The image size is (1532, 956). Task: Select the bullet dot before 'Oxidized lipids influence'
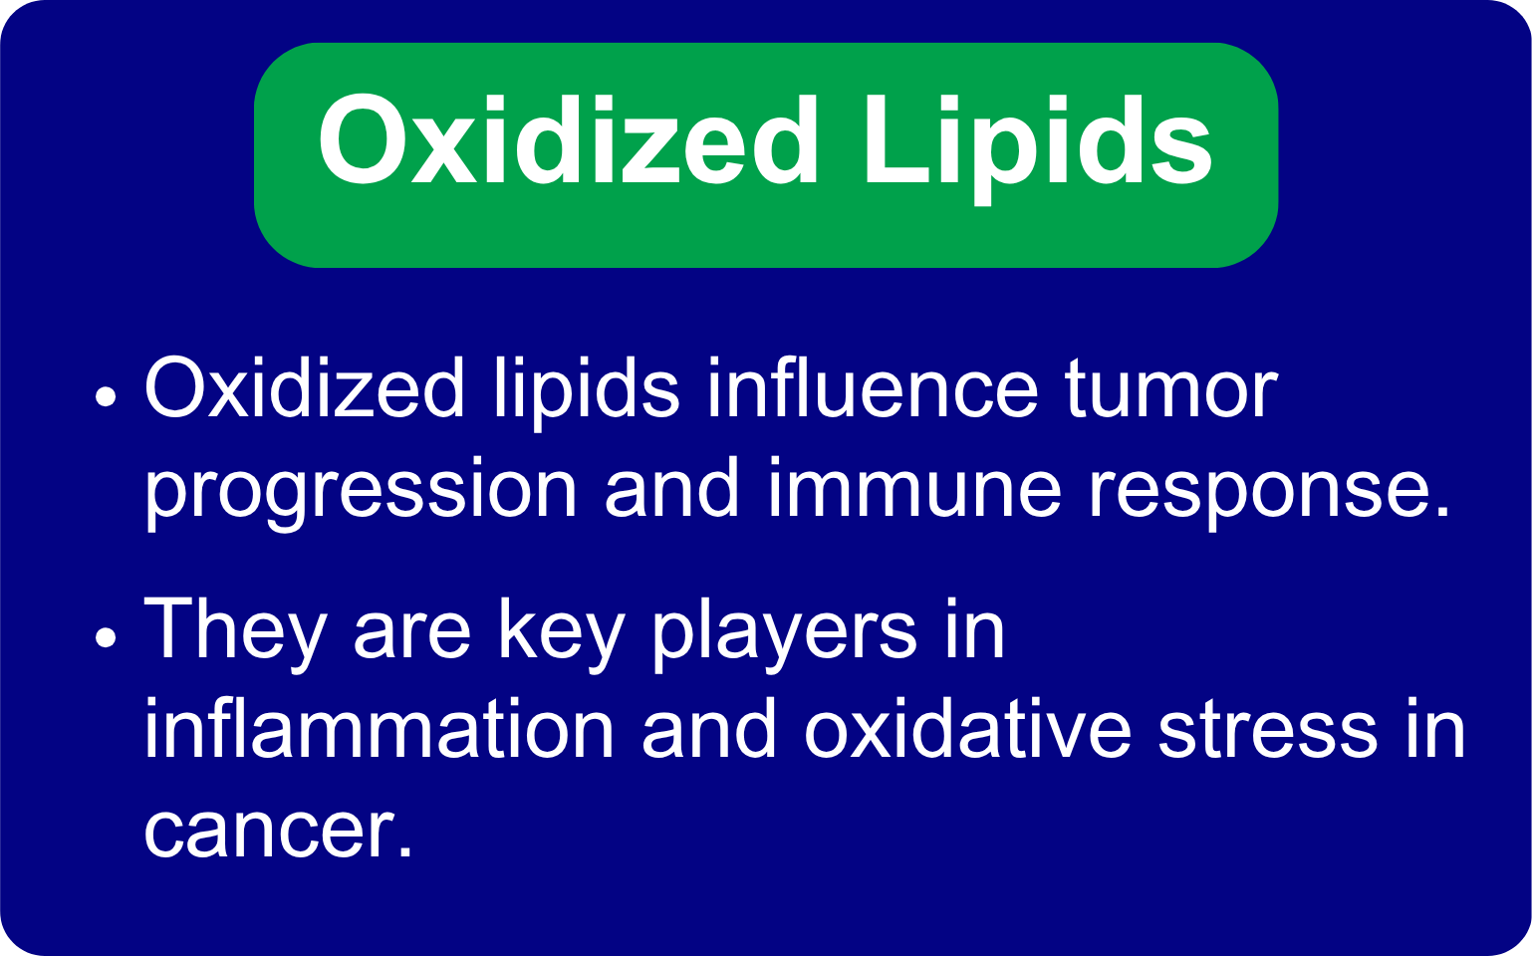tap(106, 396)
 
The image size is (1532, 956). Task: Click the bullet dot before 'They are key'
tap(106, 637)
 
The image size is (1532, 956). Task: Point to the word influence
tap(872, 387)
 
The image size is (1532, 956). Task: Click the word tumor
tap(1170, 389)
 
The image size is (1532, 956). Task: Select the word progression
tap(362, 493)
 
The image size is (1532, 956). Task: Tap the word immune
tap(915, 488)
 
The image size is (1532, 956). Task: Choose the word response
tap(1268, 493)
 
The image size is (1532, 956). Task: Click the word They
tap(234, 636)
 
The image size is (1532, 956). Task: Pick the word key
tap(561, 636)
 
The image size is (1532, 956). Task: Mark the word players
tap(783, 636)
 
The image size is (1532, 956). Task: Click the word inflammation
tap(380, 728)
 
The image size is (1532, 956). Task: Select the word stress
tap(1268, 731)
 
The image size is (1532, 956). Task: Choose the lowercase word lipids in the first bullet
tap(587, 392)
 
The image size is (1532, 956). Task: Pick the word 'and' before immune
tap(672, 488)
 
